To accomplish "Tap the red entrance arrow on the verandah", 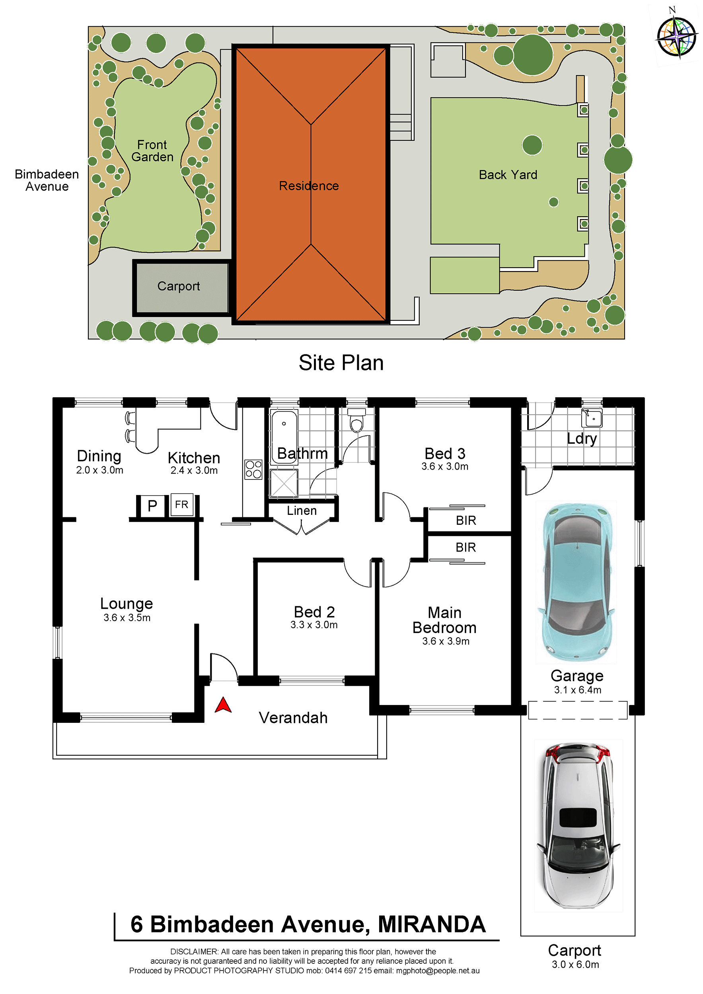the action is click(223, 705).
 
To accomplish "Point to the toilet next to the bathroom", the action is click(356, 420).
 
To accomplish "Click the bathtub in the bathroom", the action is click(284, 437).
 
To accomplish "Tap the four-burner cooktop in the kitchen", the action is click(253, 469).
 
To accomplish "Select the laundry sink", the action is click(592, 418).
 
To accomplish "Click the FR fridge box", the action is click(182, 505).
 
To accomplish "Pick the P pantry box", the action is click(152, 506).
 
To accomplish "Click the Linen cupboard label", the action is click(302, 511).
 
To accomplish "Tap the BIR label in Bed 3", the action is click(466, 520).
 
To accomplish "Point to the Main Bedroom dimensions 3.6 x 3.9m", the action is click(446, 641).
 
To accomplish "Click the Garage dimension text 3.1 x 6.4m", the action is click(578, 690).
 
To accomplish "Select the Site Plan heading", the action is click(341, 363).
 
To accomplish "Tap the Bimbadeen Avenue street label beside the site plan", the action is click(47, 180).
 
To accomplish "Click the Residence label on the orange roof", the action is click(309, 186).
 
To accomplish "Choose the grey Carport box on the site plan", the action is click(181, 288).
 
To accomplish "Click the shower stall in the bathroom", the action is click(284, 483).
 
